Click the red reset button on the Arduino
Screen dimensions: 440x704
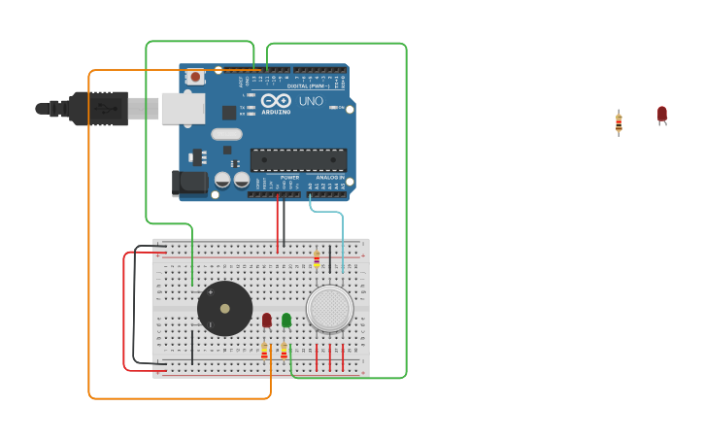pyautogui.click(x=195, y=76)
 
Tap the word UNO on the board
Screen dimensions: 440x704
pyautogui.click(x=311, y=101)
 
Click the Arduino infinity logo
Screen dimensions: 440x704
pyautogui.click(x=276, y=100)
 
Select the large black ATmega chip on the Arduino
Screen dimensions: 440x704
pyautogui.click(x=298, y=159)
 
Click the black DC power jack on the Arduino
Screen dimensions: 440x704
pyautogui.click(x=189, y=182)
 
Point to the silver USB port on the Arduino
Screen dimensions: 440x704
pyautogui.click(x=183, y=108)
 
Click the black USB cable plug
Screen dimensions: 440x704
pyautogui.click(x=98, y=109)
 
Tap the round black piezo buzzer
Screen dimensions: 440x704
pyautogui.click(x=224, y=309)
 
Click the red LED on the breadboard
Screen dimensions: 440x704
pyautogui.click(x=266, y=320)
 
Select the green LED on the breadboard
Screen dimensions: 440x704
pyautogui.click(x=285, y=320)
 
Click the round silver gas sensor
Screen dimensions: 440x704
pyautogui.click(x=330, y=309)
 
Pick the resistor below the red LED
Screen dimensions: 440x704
pyautogui.click(x=264, y=351)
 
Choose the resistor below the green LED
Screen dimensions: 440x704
pyautogui.click(x=284, y=351)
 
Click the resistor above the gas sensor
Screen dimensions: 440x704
pyautogui.click(x=317, y=259)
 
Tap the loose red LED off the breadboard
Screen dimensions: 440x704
pyautogui.click(x=662, y=115)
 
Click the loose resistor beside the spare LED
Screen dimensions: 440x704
pyautogui.click(x=619, y=122)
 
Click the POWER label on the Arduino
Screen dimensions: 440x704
pyautogui.click(x=289, y=178)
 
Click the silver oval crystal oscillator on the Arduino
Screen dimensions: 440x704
pyautogui.click(x=226, y=134)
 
